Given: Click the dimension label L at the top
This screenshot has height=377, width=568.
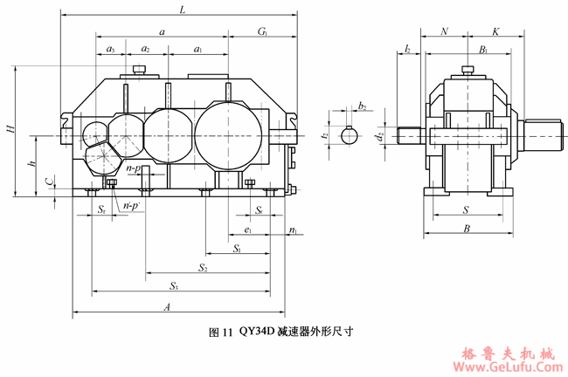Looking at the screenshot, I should [x=181, y=10].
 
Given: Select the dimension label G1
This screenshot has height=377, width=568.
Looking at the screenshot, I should [x=263, y=32].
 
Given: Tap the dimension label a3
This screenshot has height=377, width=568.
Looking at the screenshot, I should [x=110, y=50].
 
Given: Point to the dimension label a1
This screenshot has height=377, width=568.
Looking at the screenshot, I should [x=198, y=50].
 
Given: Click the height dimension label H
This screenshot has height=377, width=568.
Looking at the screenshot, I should [x=10, y=130].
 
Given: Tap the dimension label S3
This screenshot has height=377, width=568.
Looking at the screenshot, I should [x=174, y=285].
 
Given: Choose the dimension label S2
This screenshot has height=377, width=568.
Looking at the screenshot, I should [x=203, y=266].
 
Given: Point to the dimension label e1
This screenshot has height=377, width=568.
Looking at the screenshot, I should [x=249, y=230].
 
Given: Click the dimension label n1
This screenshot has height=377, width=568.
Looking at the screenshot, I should [x=293, y=230].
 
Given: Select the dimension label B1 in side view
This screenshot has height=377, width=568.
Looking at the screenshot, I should [x=483, y=50].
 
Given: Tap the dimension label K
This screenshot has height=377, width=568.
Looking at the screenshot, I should [x=495, y=31].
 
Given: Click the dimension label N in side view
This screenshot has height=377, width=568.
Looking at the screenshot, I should [x=445, y=31].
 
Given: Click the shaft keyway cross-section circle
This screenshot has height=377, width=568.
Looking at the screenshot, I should [x=350, y=135].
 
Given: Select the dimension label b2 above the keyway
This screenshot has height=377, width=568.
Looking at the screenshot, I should [x=362, y=106].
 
